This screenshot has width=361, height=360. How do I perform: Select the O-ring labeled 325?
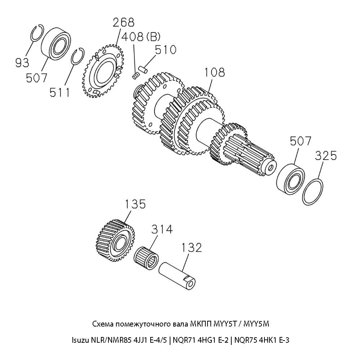coord(314,192)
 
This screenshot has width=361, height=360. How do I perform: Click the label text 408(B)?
coord(141,37)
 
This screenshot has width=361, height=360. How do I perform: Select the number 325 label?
coord(326,156)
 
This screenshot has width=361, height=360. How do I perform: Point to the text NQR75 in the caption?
coord(245,339)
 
